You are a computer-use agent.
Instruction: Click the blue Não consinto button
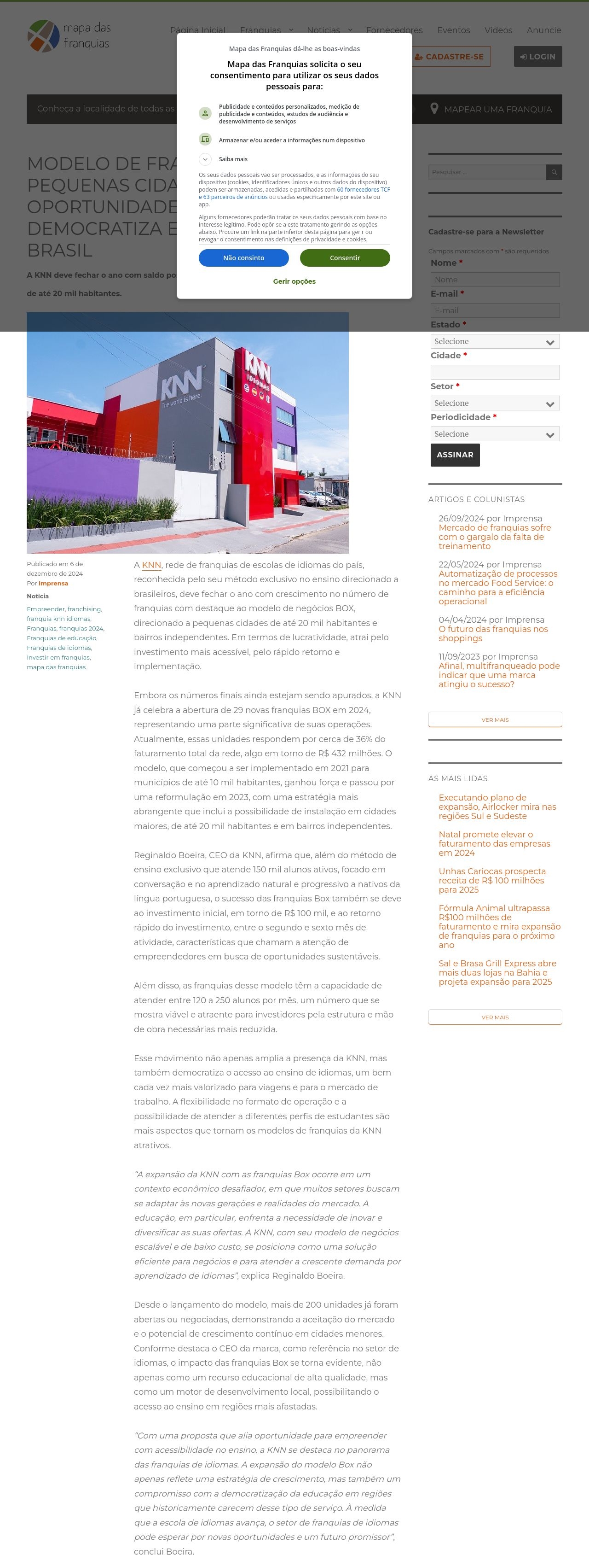pos(243,257)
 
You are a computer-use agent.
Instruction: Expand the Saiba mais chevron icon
pos(205,159)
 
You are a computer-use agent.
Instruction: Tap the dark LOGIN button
pos(537,56)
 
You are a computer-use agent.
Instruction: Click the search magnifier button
pos(554,172)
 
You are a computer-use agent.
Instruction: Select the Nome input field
pos(495,279)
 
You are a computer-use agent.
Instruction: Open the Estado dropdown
pos(495,341)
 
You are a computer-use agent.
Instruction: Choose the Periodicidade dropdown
pos(495,434)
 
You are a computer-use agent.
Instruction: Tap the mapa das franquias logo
pos(69,36)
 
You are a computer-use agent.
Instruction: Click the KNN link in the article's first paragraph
pos(151,565)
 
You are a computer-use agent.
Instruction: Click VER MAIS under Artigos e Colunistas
pos(495,719)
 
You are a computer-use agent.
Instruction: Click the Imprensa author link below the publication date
pos(53,583)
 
